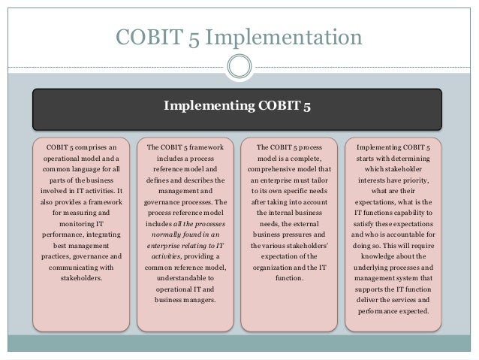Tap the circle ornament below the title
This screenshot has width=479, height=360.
point(239,67)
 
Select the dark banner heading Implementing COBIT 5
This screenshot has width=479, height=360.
point(239,107)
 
